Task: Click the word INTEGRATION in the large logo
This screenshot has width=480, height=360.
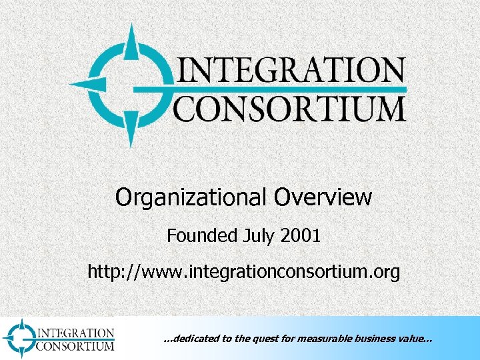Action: (x=289, y=71)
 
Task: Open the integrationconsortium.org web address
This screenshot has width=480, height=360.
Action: (x=244, y=272)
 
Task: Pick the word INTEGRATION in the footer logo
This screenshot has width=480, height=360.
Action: (x=75, y=333)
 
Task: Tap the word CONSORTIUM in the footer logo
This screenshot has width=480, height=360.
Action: (x=75, y=345)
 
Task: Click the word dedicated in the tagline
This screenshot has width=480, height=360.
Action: (x=194, y=339)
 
